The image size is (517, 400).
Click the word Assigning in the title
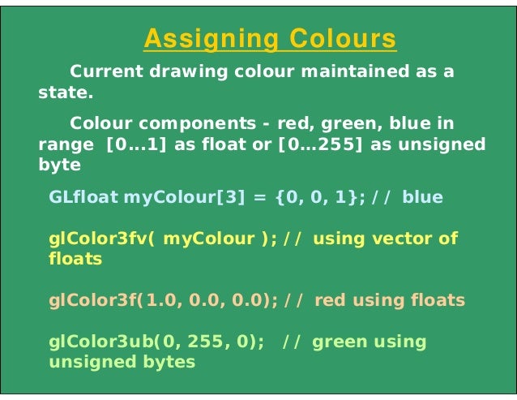[209, 38]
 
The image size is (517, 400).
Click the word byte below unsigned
[59, 165]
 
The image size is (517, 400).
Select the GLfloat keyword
[83, 197]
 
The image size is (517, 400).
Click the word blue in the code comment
[422, 197]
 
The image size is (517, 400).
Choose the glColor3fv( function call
[102, 239]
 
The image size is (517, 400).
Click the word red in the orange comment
[329, 300]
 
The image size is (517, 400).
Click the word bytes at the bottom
[173, 363]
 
